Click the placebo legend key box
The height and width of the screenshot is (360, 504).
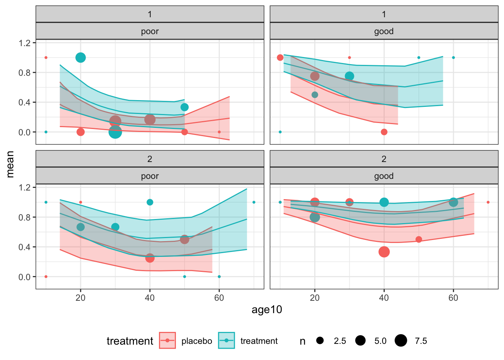(167, 340)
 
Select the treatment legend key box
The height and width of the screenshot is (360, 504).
(226, 340)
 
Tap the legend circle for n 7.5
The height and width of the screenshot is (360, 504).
(401, 340)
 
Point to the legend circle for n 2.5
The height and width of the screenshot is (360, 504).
(320, 340)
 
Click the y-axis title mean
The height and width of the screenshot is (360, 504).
(10, 164)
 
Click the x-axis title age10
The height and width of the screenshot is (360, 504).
(267, 310)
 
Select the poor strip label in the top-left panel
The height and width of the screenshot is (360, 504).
(150, 31)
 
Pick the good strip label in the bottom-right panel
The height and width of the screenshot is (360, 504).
(384, 176)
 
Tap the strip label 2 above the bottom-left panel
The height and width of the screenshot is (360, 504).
(150, 159)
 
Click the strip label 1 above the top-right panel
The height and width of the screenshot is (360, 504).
(384, 14)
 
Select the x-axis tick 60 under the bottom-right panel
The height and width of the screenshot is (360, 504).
(453, 298)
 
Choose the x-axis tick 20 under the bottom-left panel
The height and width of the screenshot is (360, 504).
(80, 298)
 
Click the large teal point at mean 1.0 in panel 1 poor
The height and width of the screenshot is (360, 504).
(81, 57)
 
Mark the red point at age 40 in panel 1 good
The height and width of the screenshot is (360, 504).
(384, 132)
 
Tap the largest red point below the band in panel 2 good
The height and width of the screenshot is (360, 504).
(384, 252)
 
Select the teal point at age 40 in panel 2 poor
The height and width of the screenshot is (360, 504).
(150, 202)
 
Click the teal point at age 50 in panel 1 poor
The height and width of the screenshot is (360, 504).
(184, 107)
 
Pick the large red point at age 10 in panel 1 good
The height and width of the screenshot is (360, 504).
(280, 57)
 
